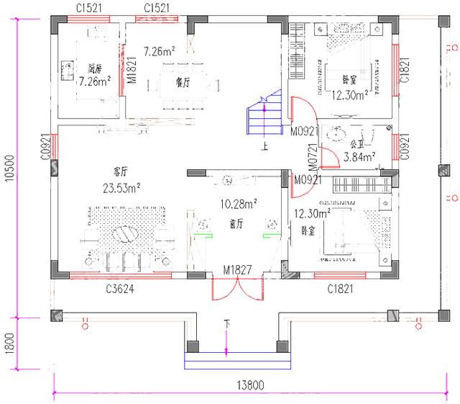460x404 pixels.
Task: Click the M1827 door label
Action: click(x=236, y=271)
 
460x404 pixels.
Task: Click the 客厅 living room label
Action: click(x=119, y=172)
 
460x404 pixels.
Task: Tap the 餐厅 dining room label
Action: click(x=182, y=83)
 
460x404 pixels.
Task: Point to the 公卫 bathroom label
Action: click(x=356, y=144)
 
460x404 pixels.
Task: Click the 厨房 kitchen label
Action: click(x=94, y=68)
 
